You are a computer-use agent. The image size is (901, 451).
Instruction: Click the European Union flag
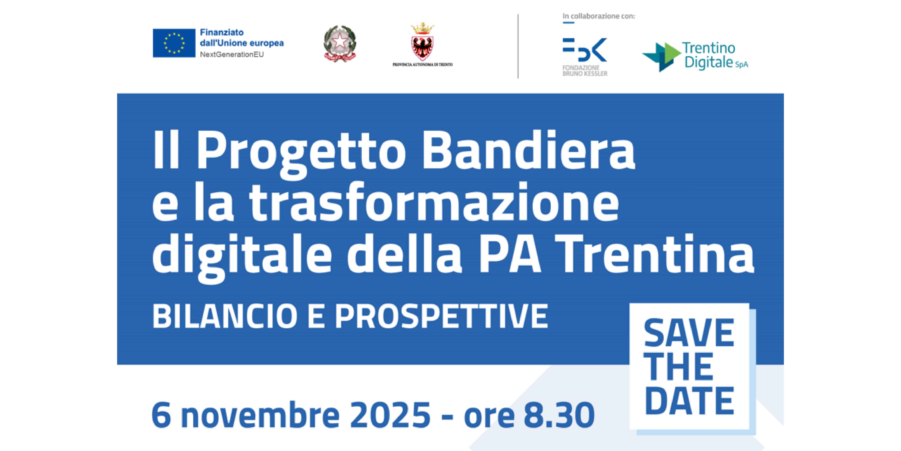(x=174, y=43)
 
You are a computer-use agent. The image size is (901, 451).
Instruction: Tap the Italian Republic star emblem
(x=340, y=44)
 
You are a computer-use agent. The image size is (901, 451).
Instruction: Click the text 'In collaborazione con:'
(x=598, y=16)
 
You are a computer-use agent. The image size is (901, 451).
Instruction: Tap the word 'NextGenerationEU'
(x=231, y=55)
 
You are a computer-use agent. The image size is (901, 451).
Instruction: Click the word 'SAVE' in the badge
(x=689, y=333)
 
